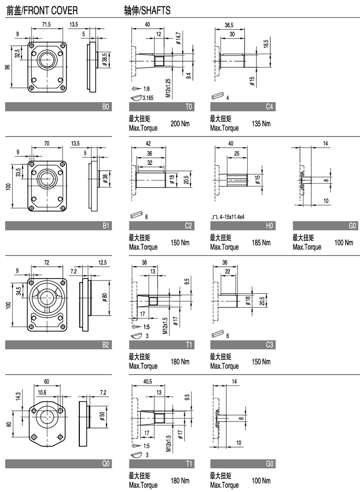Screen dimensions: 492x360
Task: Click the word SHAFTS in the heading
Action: [x=157, y=10]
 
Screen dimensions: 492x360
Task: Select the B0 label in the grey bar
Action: [x=105, y=106]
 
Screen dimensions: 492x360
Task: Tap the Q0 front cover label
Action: [x=105, y=464]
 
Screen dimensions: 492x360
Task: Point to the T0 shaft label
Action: [x=188, y=106]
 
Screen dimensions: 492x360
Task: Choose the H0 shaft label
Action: [x=269, y=226]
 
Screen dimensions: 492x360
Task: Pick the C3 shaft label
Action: [x=269, y=345]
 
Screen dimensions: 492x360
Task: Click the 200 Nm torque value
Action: [x=180, y=124]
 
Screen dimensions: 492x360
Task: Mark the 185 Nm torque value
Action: [x=261, y=243]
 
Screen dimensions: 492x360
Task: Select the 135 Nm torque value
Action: [x=261, y=124]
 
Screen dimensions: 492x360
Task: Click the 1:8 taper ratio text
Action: [x=145, y=89]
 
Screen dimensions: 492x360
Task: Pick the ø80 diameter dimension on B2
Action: [x=106, y=297]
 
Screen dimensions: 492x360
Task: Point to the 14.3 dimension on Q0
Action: [x=19, y=396]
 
